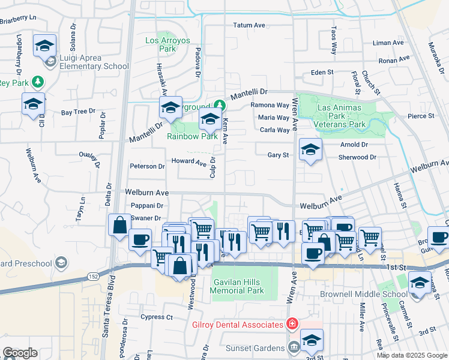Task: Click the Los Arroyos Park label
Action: pyautogui.click(x=167, y=44)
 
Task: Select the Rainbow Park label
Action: pyautogui.click(x=192, y=136)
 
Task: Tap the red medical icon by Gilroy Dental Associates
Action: pyautogui.click(x=292, y=324)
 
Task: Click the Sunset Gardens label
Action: pyautogui.click(x=255, y=348)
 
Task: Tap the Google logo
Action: pyautogui.click(x=19, y=353)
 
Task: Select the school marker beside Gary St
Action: pyautogui.click(x=310, y=151)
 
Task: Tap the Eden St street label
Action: pyautogui.click(x=322, y=72)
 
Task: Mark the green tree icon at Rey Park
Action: pyautogui.click(x=37, y=81)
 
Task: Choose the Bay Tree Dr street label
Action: pyautogui.click(x=78, y=112)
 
